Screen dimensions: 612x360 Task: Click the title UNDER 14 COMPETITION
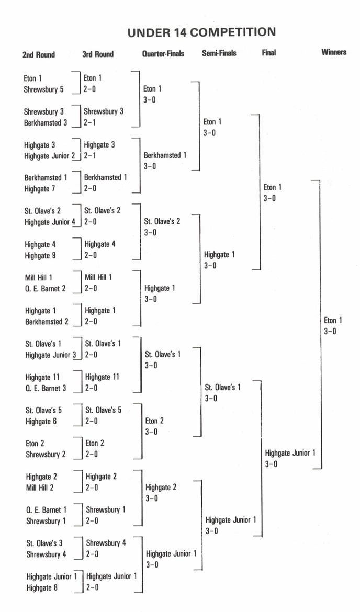click(201, 32)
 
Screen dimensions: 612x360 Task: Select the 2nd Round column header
click(39, 54)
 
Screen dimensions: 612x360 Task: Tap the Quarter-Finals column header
click(163, 53)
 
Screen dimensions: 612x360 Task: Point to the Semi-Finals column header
click(219, 53)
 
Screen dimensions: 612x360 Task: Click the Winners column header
click(334, 52)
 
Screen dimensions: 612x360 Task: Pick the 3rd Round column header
click(98, 54)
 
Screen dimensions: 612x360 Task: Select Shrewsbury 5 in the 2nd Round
click(44, 89)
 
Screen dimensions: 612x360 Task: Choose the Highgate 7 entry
click(39, 189)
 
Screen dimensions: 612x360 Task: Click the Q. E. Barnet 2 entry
click(46, 288)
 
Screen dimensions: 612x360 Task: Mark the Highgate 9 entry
click(40, 256)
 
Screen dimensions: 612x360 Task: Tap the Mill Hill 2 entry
click(40, 488)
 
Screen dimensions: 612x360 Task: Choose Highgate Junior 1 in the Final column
click(290, 453)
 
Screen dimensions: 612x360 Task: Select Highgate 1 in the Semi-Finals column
click(219, 255)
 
